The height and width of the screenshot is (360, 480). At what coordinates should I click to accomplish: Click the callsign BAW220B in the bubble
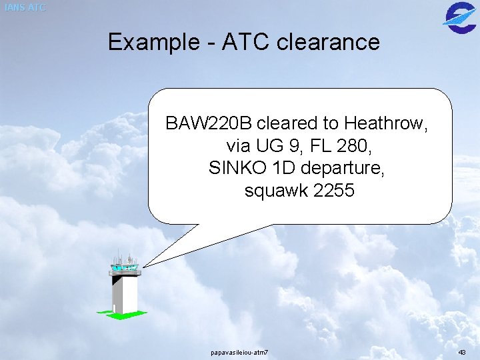pyautogui.click(x=209, y=123)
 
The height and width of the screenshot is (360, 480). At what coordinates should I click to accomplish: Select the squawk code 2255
pyautogui.click(x=333, y=191)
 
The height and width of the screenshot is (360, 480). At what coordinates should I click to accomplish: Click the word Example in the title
pyautogui.click(x=151, y=42)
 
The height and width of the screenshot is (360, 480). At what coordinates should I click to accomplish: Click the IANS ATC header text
pyautogui.click(x=25, y=8)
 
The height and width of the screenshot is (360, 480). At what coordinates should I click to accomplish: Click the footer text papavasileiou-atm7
pyautogui.click(x=239, y=351)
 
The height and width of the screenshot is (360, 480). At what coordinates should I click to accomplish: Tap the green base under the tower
pyautogui.click(x=121, y=314)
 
